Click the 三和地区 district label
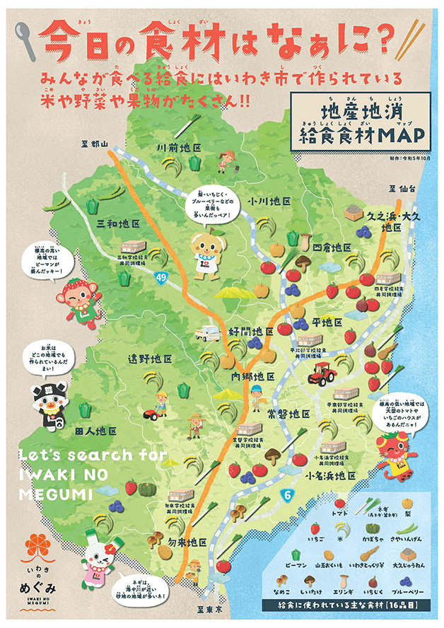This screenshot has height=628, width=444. pyautogui.click(x=117, y=223)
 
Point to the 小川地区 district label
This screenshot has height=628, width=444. pyautogui.click(x=269, y=202)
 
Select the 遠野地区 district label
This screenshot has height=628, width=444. pyautogui.click(x=150, y=359)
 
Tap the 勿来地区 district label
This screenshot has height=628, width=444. pyautogui.click(x=187, y=542)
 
